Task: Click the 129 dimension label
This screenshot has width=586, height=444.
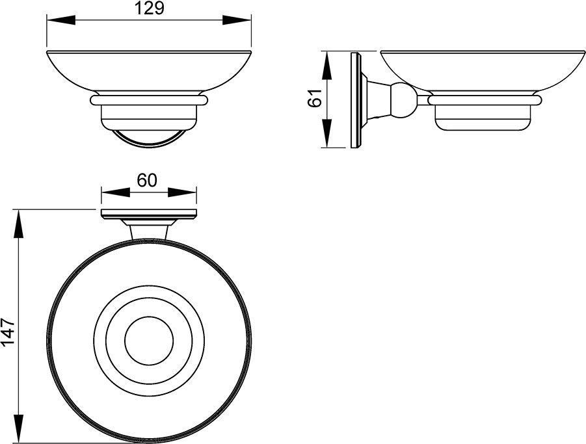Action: point(149,8)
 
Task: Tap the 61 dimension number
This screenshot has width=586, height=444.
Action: point(315,98)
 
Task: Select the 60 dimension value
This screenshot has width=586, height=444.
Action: point(146,180)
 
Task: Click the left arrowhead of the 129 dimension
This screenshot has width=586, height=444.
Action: point(61,20)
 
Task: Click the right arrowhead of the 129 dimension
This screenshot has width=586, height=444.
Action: point(237,20)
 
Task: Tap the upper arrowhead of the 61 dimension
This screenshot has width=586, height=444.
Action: point(326,66)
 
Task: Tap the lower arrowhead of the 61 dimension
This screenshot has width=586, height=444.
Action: point(326,133)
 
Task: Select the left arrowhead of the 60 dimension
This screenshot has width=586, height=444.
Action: point(116,192)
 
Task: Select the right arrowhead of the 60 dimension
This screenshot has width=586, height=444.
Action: point(182,192)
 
